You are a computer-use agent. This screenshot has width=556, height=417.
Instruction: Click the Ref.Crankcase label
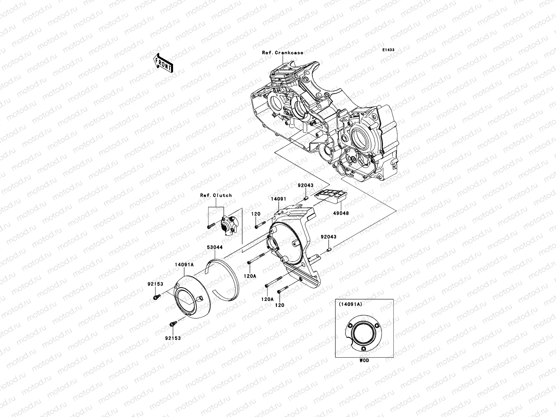tap(283, 53)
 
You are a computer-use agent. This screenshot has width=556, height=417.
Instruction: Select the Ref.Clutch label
tap(216, 195)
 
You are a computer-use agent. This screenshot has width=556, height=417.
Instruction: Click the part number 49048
tap(342, 213)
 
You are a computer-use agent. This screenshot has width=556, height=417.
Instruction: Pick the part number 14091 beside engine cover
tap(279, 199)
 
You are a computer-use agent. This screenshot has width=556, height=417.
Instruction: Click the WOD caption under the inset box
tap(364, 360)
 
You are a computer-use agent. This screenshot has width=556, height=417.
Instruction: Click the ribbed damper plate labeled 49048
tap(332, 197)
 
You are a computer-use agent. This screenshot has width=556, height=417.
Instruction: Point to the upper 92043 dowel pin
tap(306, 198)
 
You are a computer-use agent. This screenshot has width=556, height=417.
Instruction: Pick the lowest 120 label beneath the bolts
tap(280, 305)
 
